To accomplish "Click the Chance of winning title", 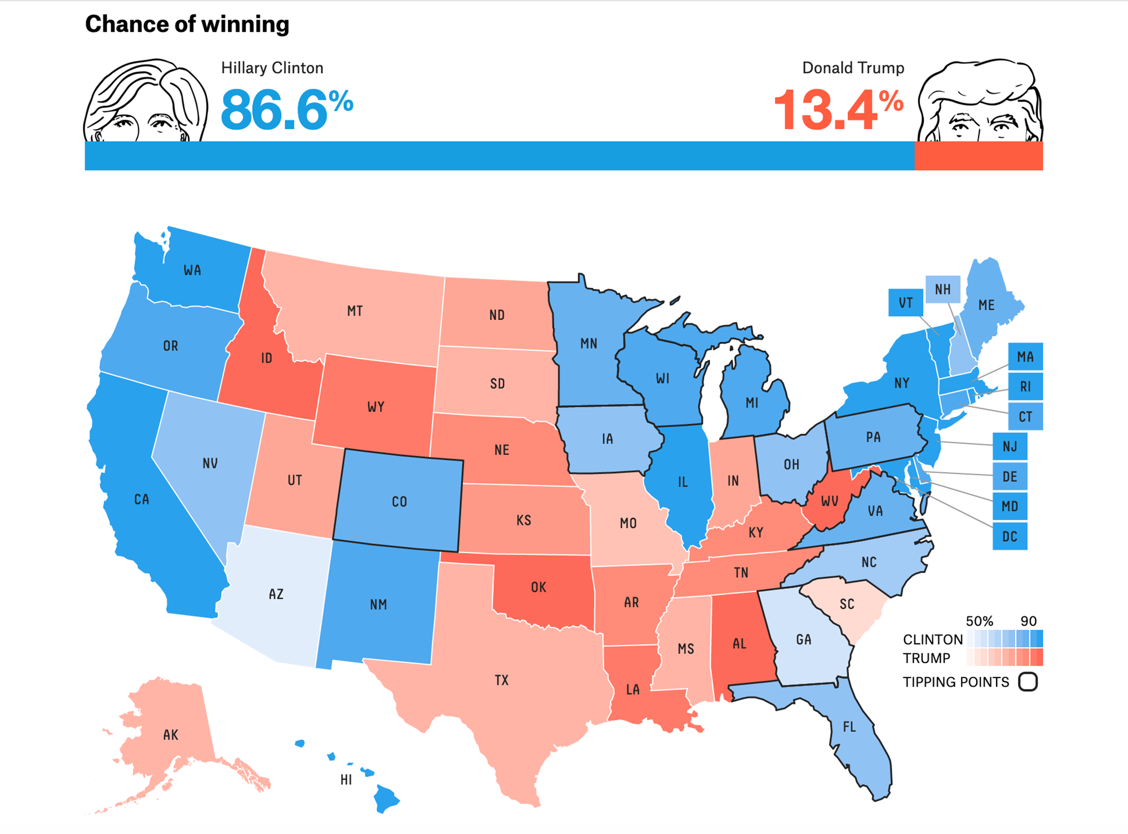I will coord(187,24).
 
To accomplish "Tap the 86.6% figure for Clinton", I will coord(287,109).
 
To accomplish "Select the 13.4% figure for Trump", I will coord(838,109).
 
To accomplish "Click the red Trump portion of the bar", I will coord(978,156).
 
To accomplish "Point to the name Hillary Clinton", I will coord(272,68).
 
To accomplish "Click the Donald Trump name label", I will coord(853,68).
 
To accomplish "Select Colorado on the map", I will coord(399,502).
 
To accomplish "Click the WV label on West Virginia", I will coord(829,501).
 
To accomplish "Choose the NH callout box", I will coord(942,289).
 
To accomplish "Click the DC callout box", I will coord(1010,536).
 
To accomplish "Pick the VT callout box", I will coord(905,303).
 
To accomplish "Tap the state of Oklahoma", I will coord(539,587).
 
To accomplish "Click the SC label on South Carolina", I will coord(847,604).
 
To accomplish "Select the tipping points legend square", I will coord(1028,682).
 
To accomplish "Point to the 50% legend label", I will coord(979,621).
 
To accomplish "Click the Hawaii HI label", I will coord(346,780).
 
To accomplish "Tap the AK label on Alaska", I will coord(170,735).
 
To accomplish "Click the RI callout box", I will coord(1025,387).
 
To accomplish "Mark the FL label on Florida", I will coord(849,727).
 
